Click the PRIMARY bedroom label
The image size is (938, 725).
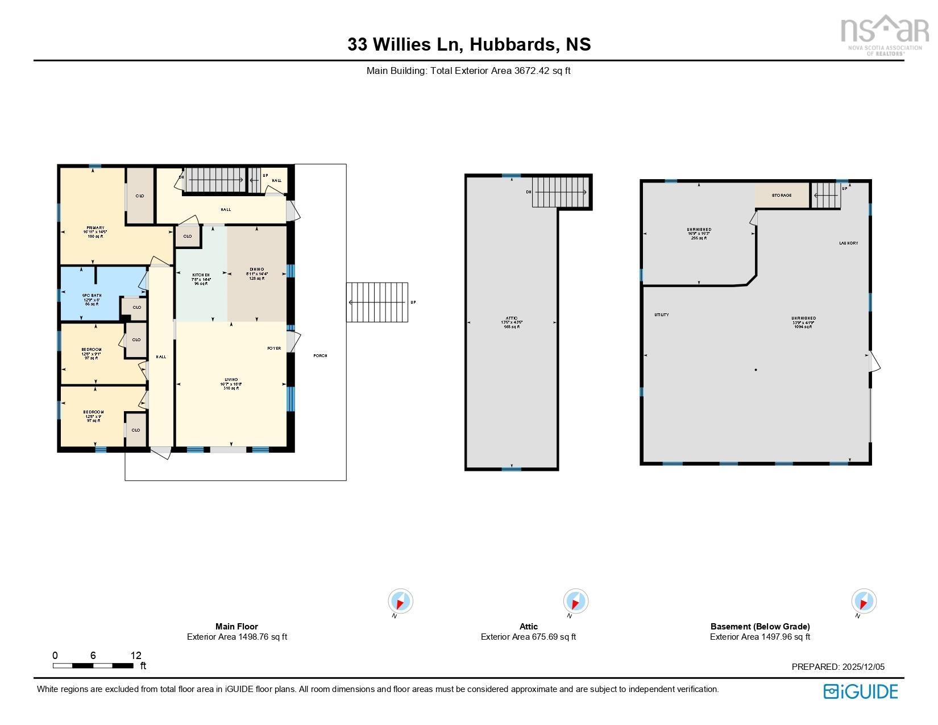pos(94,228)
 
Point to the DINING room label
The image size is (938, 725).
pos(256,270)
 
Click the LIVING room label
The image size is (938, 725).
pos(231,380)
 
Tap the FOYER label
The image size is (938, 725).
pos(274,348)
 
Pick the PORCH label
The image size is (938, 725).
pos(320,356)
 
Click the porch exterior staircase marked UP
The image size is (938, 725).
pos(377,302)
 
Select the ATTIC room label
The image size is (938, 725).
pos(512,318)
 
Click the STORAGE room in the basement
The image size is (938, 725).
pos(781,196)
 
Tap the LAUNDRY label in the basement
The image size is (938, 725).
pos(848,243)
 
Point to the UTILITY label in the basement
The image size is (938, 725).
pos(661,315)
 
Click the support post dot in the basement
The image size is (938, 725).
pos(756,370)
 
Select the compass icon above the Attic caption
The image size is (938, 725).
pos(575,601)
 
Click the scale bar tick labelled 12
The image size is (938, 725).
pos(136,656)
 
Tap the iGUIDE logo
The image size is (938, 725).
pos(860,691)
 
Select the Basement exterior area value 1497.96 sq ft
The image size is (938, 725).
pos(787,637)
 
